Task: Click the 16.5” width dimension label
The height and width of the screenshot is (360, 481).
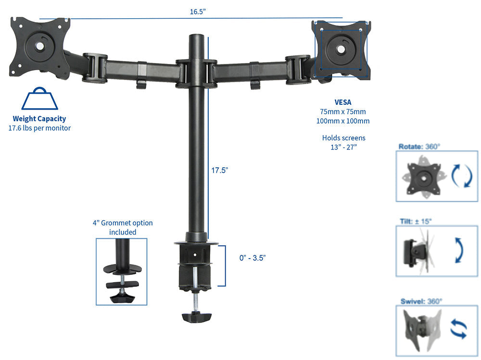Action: [198, 12]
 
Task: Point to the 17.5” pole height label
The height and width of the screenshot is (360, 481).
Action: [219, 170]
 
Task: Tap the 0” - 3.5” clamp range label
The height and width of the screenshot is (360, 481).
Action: [253, 258]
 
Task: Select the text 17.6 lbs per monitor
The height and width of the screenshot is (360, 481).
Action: [39, 128]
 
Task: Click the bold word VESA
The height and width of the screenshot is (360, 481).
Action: [343, 102]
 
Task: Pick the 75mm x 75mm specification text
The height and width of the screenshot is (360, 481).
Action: [343, 112]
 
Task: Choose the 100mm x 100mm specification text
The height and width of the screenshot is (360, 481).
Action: [343, 121]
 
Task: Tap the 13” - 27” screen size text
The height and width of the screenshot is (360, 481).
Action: [343, 147]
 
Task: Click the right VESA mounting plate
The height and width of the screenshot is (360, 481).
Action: [341, 49]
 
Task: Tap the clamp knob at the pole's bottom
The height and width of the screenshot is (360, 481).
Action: [196, 317]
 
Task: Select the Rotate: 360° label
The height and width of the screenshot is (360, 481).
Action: [419, 147]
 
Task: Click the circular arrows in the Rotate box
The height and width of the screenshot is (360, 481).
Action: [461, 176]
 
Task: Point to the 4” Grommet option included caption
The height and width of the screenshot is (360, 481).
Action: [123, 227]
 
